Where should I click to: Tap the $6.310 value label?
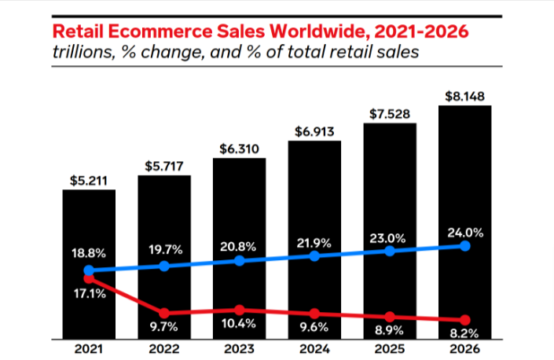point(239,149)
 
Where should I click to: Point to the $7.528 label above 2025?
point(389,114)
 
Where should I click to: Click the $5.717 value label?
point(163,166)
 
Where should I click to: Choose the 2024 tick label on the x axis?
point(314,350)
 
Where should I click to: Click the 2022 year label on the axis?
point(163,350)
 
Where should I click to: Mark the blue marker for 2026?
point(464,245)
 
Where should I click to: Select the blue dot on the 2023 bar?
point(239,260)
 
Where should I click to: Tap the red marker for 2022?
point(163,313)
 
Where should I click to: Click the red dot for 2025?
point(389,317)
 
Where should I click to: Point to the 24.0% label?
point(464,233)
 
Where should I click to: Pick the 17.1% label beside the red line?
point(90,293)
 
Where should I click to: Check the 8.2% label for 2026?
point(464,333)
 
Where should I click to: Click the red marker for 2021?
point(89,278)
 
